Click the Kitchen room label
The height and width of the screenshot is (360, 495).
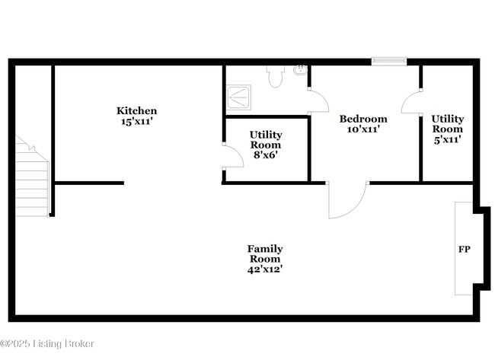click(137, 111)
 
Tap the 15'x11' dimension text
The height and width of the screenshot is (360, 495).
click(137, 121)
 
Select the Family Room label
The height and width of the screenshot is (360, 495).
click(265, 253)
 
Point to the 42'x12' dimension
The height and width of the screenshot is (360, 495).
click(265, 269)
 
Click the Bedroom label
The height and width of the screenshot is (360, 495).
click(363, 119)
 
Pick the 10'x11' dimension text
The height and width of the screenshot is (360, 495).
click(363, 129)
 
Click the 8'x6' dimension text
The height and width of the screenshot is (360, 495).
click(265, 155)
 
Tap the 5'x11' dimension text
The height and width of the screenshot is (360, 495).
click(448, 139)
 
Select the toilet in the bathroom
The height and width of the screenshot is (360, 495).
click(275, 76)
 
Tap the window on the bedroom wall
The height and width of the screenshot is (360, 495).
click(388, 61)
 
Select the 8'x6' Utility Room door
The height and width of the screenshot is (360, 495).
click(228, 155)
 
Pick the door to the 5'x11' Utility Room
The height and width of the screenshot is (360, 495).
click(413, 102)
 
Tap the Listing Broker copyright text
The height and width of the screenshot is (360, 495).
click(47, 344)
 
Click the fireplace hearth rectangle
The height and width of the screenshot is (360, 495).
click(463, 248)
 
